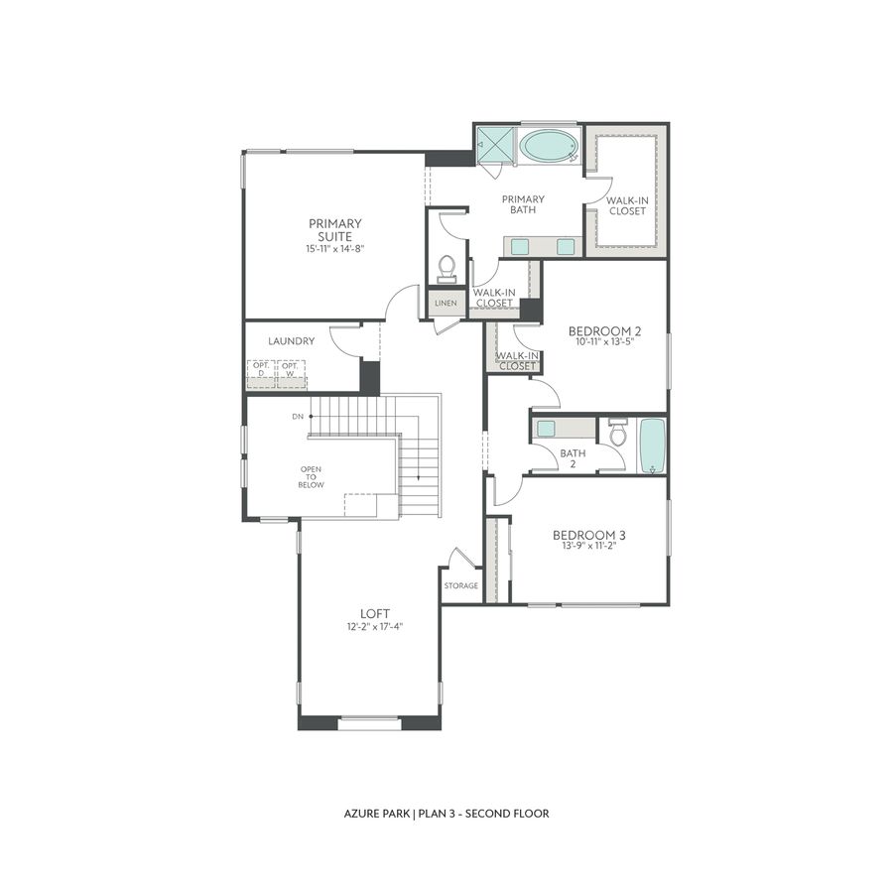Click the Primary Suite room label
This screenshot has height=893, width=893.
334,229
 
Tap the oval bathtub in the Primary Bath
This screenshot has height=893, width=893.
548,147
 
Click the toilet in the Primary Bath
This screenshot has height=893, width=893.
446,269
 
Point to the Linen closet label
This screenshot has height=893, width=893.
446,303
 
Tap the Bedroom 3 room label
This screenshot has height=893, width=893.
588,535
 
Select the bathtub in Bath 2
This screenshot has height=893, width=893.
652,446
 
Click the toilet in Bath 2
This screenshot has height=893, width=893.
617,433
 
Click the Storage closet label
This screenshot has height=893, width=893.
461,585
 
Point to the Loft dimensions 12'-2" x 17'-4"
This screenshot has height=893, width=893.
375,626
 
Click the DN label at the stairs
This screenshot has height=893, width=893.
297,416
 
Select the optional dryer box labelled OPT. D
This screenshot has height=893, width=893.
261,369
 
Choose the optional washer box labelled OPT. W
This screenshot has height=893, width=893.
290,369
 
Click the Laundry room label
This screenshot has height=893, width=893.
291,340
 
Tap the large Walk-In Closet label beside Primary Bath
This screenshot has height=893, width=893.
627,205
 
